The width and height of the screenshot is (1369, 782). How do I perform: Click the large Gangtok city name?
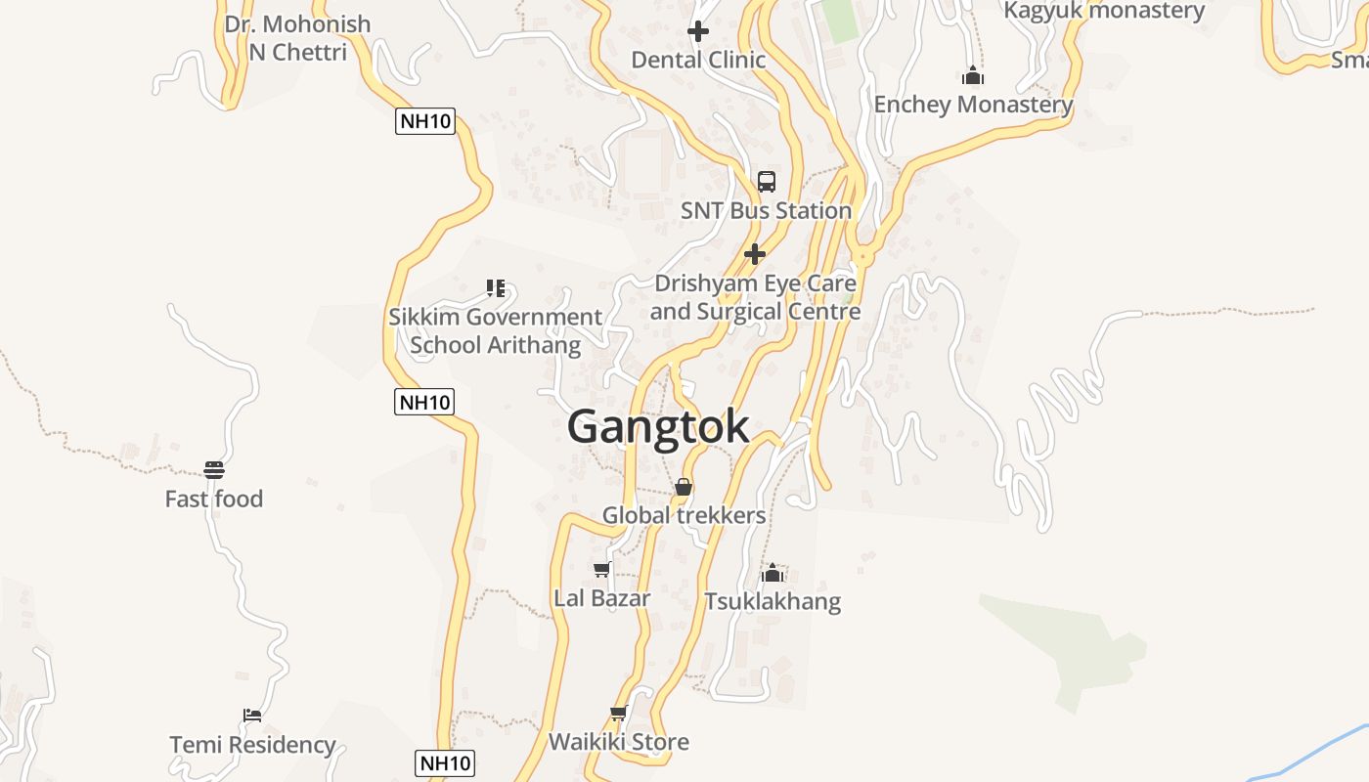[x=658, y=427]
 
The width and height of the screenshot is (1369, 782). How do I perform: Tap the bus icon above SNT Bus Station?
[x=767, y=181]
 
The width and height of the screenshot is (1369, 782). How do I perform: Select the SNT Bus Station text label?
[x=766, y=210]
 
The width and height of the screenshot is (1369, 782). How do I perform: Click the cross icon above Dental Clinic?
[x=698, y=31]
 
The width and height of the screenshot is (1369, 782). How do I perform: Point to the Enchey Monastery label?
[x=973, y=105]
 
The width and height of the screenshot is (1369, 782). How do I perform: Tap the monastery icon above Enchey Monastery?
[x=972, y=75]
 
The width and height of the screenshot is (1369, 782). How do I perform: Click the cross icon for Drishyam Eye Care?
[x=755, y=254]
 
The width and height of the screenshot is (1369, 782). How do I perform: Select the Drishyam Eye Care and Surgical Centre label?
[x=755, y=297]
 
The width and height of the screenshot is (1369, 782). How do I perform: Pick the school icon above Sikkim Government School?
[x=496, y=287]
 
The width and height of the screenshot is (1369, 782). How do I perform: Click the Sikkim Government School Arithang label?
[x=495, y=330]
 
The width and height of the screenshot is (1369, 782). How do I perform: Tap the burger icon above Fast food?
[x=214, y=470]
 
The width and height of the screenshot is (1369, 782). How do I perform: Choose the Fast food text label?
[x=214, y=499]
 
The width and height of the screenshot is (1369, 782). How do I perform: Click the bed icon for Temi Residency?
[x=252, y=716]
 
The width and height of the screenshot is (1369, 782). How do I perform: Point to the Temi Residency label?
[x=252, y=745]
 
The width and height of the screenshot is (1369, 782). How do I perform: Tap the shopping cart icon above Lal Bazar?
[x=601, y=569]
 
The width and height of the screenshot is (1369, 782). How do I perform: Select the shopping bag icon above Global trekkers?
[x=684, y=486]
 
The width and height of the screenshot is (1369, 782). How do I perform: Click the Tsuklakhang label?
[x=773, y=600]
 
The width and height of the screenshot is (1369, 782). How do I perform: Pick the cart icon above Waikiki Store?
[x=618, y=714]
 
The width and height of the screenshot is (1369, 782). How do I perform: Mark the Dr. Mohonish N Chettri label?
[x=297, y=37]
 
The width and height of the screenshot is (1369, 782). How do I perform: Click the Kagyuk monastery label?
[x=1105, y=11]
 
